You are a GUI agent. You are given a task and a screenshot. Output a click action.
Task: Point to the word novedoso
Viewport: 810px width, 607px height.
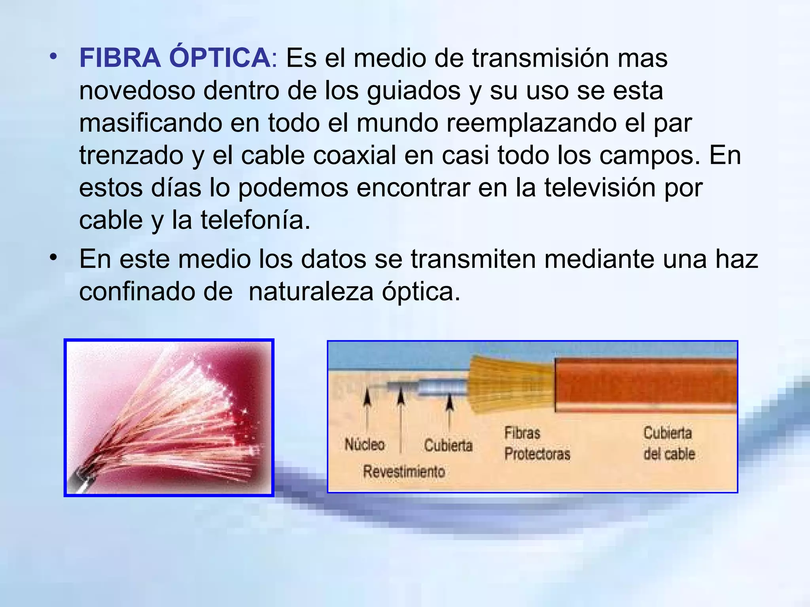[x=137, y=90]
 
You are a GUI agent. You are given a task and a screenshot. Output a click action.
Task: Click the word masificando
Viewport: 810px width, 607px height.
[x=151, y=123]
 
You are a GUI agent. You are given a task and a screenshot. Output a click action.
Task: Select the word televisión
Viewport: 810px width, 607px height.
[x=600, y=188]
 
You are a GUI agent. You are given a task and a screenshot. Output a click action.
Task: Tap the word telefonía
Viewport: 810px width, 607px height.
[x=255, y=220]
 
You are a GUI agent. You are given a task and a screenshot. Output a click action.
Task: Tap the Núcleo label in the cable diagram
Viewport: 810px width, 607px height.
[x=364, y=445]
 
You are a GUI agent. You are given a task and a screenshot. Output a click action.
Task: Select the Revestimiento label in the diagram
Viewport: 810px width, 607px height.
[x=404, y=471]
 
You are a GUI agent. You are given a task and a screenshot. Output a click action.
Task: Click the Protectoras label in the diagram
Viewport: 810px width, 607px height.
[x=537, y=454]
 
